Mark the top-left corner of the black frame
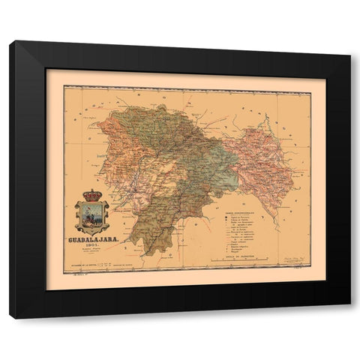(x=10, y=42)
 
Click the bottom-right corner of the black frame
(x=349, y=316)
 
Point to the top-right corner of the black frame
(x=349, y=42)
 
